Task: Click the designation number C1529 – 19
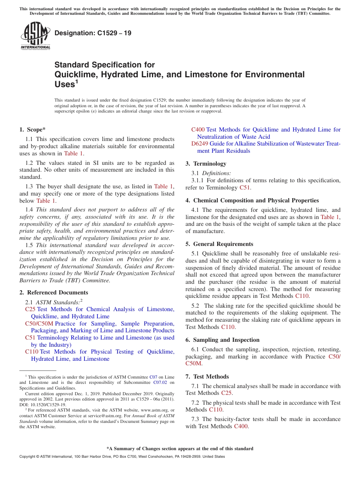[x=93, y=33]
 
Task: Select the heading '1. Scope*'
[x=32, y=130]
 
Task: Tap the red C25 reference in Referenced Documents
[x=30, y=309]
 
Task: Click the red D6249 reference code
[x=199, y=144]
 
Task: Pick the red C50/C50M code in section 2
[x=39, y=324]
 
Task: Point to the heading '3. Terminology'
[x=206, y=164]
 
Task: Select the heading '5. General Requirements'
[x=219, y=244]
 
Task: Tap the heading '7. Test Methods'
[x=207, y=377]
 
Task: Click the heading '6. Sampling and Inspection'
[x=222, y=340]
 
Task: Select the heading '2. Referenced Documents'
[x=53, y=293]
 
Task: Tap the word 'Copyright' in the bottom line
[x=28, y=457]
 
